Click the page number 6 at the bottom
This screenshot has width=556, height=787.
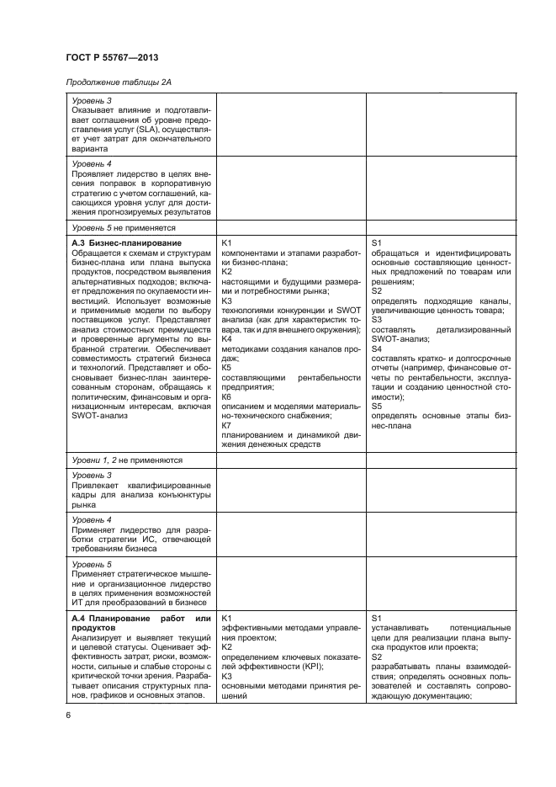pyautogui.click(x=68, y=715)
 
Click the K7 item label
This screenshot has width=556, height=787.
pyautogui.click(x=226, y=425)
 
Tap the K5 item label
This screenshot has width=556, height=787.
pyautogui.click(x=226, y=367)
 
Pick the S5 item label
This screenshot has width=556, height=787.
pyautogui.click(x=377, y=406)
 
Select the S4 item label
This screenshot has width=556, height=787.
pyautogui.click(x=377, y=348)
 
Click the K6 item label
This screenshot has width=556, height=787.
pyautogui.click(x=226, y=396)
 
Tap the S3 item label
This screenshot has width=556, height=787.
pyautogui.click(x=377, y=319)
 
